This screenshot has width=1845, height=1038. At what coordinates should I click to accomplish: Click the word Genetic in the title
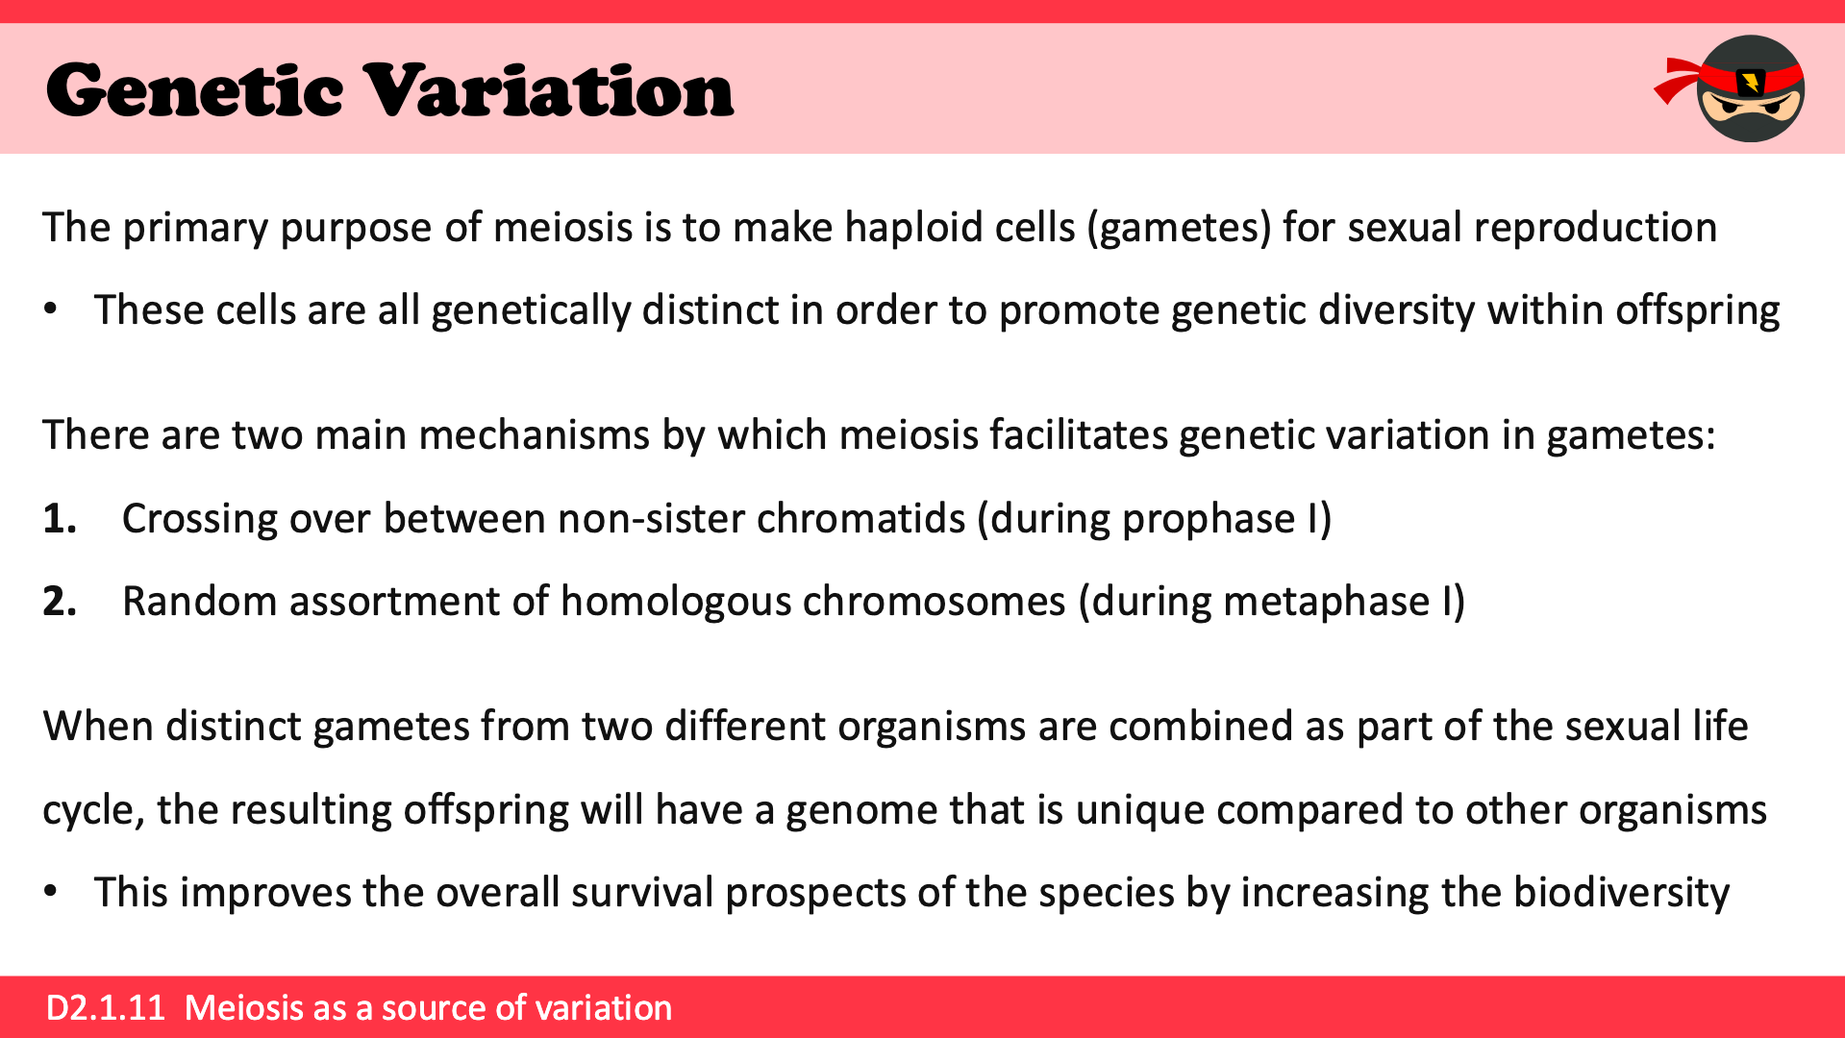pyautogui.click(x=194, y=90)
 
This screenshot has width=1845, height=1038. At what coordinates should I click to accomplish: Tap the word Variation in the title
pyautogui.click(x=550, y=90)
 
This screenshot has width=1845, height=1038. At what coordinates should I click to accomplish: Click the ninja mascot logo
pyautogui.click(x=1731, y=88)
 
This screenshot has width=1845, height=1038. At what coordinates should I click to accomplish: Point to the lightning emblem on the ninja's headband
pyautogui.click(x=1751, y=83)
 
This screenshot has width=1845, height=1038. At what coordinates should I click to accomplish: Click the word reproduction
pyautogui.click(x=1595, y=229)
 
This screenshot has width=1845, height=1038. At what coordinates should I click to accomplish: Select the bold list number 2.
pyautogui.click(x=60, y=602)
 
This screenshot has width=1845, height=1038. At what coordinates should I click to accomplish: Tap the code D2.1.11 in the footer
pyautogui.click(x=106, y=1007)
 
